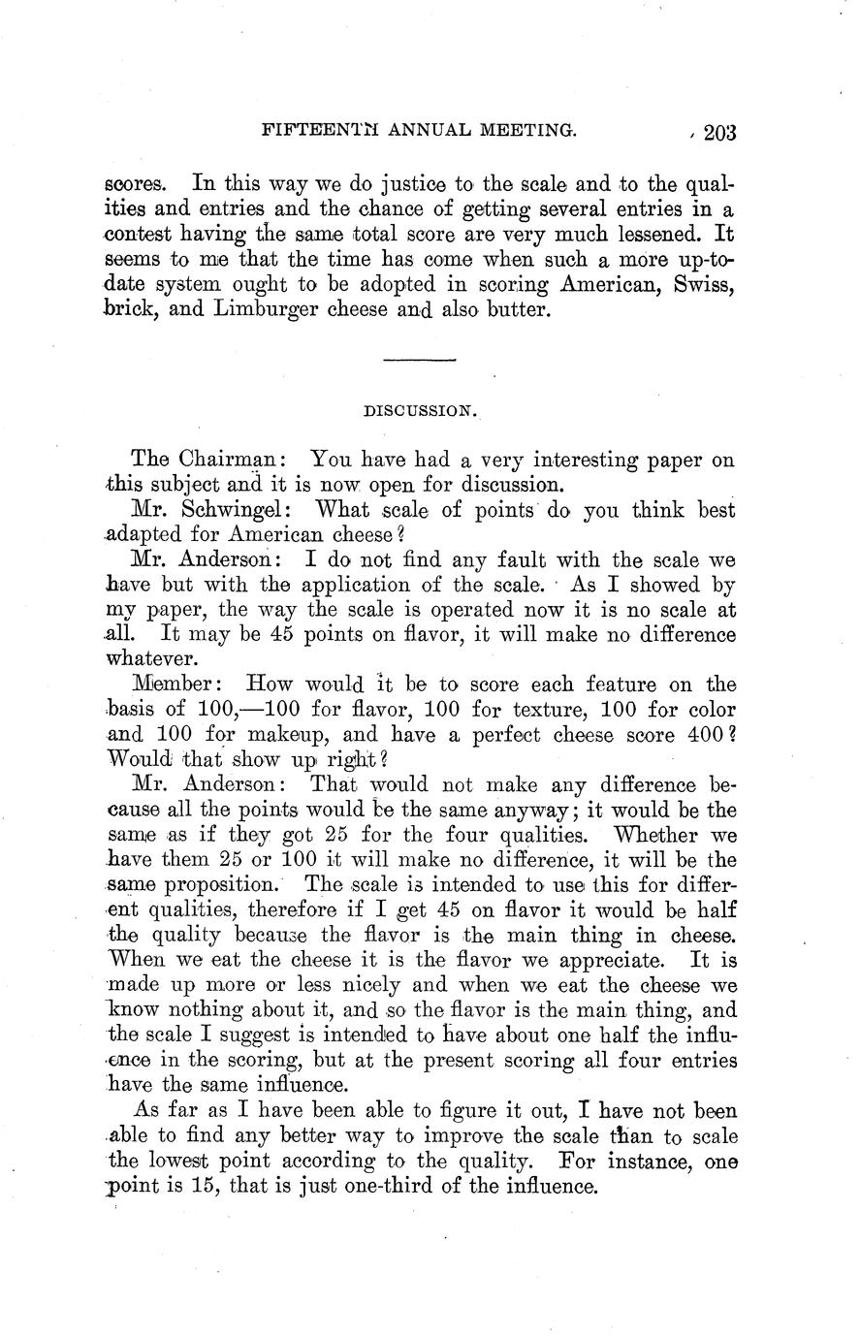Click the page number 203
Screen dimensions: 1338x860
pos(720,132)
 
